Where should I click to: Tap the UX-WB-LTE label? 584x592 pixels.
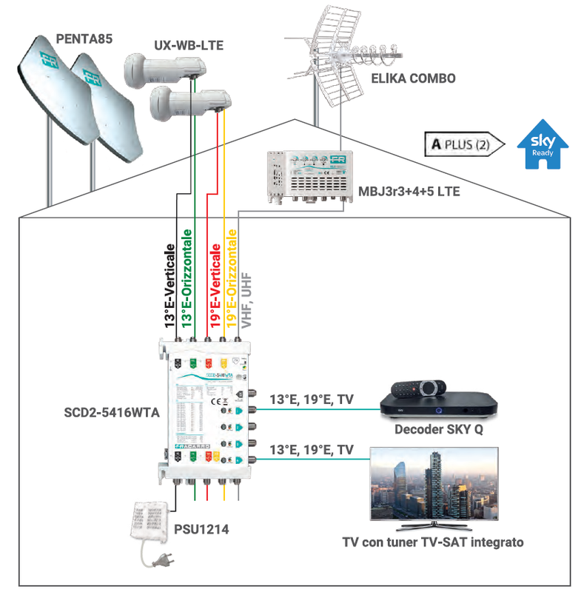(x=188, y=45)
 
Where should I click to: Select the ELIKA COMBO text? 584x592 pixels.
(x=412, y=78)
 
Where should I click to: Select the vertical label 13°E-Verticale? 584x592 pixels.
(x=170, y=286)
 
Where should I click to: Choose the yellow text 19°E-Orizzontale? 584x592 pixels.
(x=232, y=278)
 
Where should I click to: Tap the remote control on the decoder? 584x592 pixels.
(x=417, y=387)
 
